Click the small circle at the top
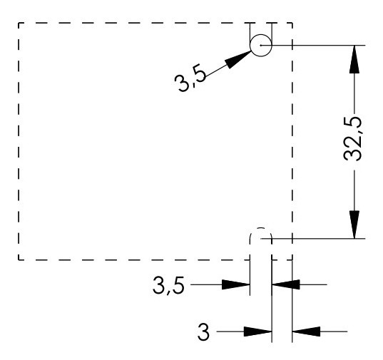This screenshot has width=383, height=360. pyautogui.click(x=261, y=45)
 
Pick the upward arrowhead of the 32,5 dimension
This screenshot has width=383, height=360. pyautogui.click(x=354, y=60)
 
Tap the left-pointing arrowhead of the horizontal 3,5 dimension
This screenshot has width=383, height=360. pyautogui.click(x=285, y=284)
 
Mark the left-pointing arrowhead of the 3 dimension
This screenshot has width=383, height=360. pyautogui.click(x=305, y=331)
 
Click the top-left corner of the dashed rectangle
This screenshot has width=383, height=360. pyautogui.click(x=19, y=23)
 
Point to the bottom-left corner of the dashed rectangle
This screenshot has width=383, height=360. pyautogui.click(x=19, y=259)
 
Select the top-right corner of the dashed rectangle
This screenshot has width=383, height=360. pyautogui.click(x=292, y=23)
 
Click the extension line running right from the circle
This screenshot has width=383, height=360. pyautogui.click(x=321, y=45)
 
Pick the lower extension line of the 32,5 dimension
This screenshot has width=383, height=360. pyautogui.click(x=321, y=238)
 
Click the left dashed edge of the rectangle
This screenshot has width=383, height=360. pyautogui.click(x=19, y=143)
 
